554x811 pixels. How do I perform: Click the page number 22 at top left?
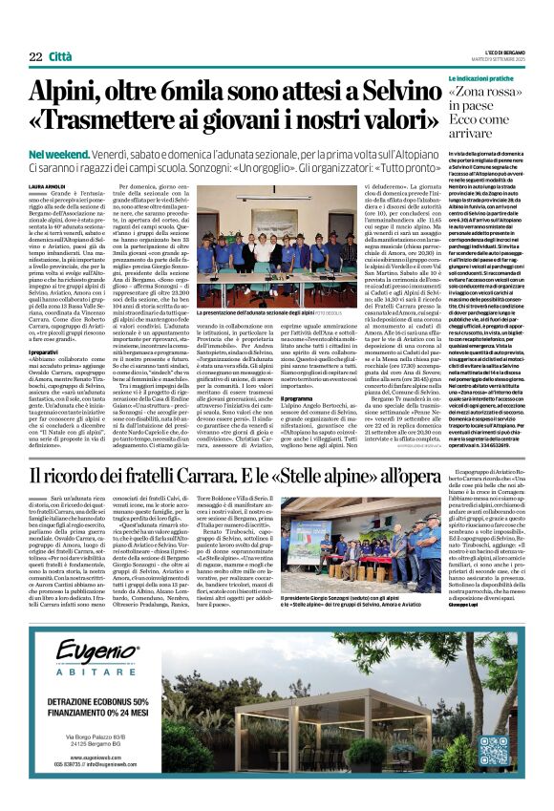coord(34,57)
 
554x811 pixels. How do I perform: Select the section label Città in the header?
coord(60,57)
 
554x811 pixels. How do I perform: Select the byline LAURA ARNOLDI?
coord(48,186)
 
